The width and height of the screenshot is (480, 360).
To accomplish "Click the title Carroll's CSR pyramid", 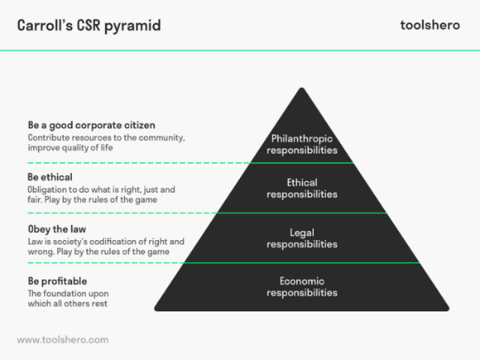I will [89, 25].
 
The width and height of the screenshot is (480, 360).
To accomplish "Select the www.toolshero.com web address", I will [62, 339].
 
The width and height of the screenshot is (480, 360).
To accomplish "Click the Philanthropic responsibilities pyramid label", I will [302, 144].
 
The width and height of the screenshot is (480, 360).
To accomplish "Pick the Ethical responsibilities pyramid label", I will [302, 188].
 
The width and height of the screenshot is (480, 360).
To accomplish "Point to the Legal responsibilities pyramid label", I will [302, 238].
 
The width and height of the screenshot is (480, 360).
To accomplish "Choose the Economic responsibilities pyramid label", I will [302, 287].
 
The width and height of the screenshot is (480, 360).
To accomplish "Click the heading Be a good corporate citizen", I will [91, 125].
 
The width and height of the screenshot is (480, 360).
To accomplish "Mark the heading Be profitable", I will [57, 281].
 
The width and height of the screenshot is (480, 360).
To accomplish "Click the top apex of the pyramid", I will [301, 88].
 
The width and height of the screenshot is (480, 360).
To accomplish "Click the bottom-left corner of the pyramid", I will [154, 311].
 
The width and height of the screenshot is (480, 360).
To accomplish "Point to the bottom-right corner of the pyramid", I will [448, 311].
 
